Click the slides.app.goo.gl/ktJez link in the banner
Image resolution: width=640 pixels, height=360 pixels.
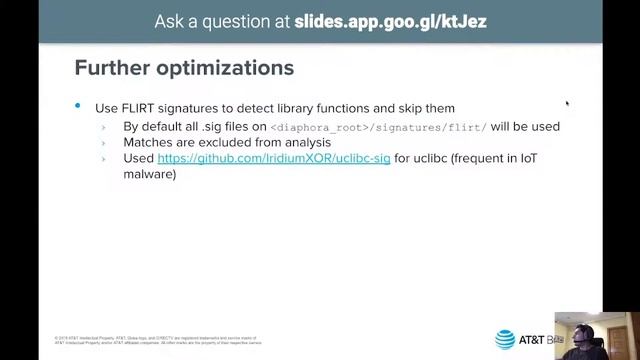point(391,21)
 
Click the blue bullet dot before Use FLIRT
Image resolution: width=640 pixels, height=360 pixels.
point(78,106)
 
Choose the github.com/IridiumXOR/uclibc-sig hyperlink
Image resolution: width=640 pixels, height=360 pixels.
point(274,158)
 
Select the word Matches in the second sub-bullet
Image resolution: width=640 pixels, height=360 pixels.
point(147,143)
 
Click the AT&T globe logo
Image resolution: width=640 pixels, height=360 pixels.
point(505,339)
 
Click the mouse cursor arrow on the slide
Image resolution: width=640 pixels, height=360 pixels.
point(567,102)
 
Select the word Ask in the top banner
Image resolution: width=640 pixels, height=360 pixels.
point(170,21)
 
